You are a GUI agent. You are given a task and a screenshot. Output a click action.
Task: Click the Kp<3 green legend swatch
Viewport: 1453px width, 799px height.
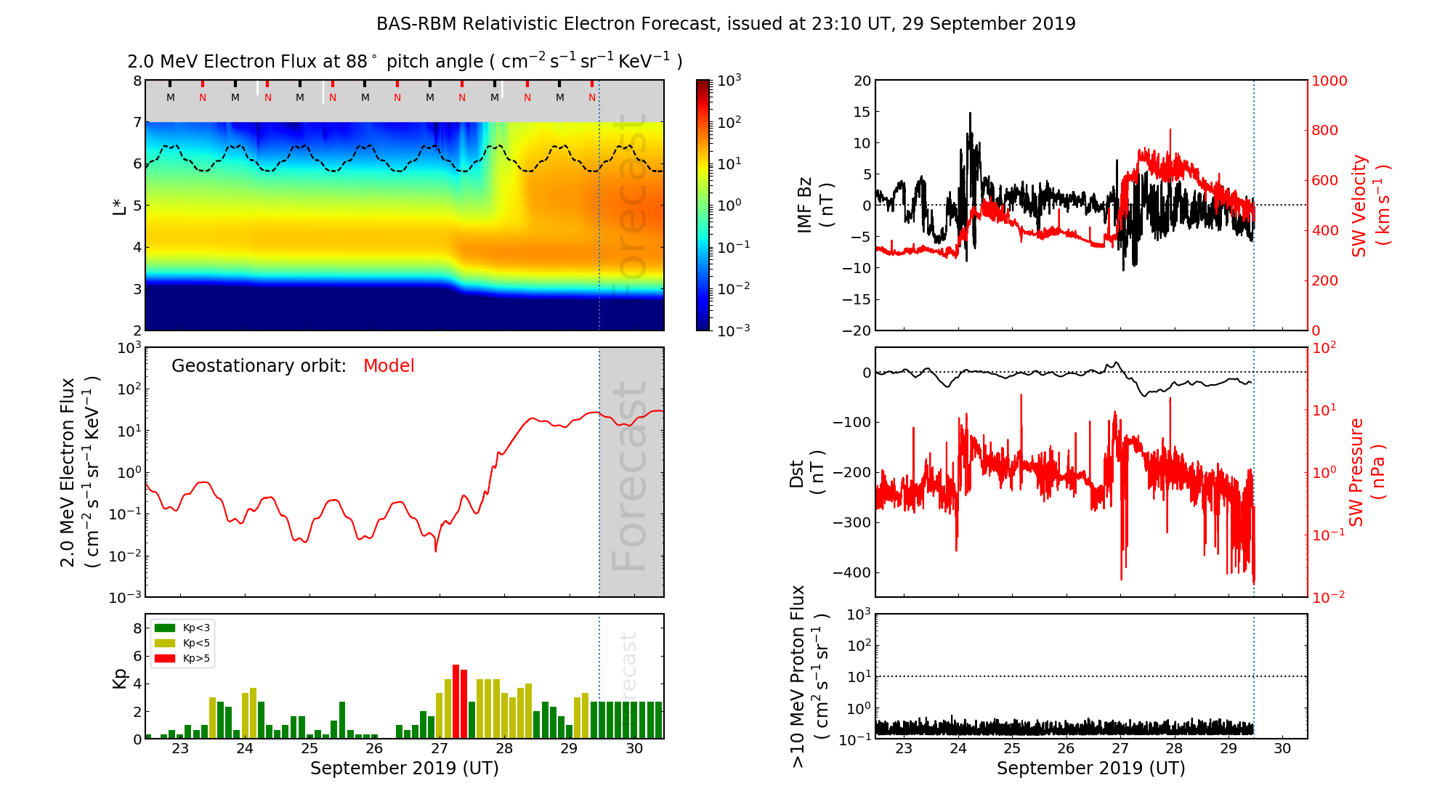click(165, 628)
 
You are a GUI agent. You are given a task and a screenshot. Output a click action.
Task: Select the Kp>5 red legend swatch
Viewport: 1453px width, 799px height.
click(165, 659)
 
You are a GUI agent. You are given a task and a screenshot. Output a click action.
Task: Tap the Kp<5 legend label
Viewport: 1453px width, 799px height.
click(196, 644)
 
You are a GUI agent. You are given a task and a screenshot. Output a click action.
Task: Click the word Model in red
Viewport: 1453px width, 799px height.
click(389, 366)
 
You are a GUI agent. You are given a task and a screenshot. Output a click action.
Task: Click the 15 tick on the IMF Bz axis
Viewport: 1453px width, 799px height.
click(862, 112)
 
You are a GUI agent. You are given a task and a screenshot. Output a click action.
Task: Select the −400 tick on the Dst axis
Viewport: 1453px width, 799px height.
click(851, 572)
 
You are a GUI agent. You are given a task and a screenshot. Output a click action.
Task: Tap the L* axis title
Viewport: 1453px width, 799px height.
click(119, 205)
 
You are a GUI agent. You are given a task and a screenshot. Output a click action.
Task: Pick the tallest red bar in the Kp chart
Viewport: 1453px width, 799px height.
click(456, 701)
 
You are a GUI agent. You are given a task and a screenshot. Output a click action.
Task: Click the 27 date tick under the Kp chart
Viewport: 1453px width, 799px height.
click(439, 749)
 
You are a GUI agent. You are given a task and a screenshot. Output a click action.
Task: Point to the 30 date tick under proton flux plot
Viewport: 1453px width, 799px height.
click(1282, 749)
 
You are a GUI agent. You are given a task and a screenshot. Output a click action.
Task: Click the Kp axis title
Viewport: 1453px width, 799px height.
click(119, 678)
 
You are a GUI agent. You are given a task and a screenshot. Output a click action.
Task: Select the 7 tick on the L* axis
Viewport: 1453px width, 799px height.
click(137, 122)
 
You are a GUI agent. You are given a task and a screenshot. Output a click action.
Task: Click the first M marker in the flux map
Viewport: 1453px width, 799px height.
click(171, 97)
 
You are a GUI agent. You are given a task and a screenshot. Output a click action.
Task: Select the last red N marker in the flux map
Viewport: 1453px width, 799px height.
click(592, 97)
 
